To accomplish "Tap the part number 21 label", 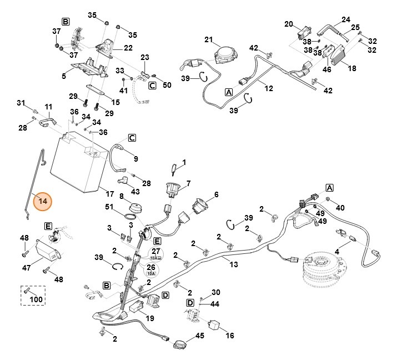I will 209,39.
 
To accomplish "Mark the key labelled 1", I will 175,167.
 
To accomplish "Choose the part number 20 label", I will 289,24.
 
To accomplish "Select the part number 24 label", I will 346,19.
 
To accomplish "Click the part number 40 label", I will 340,207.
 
